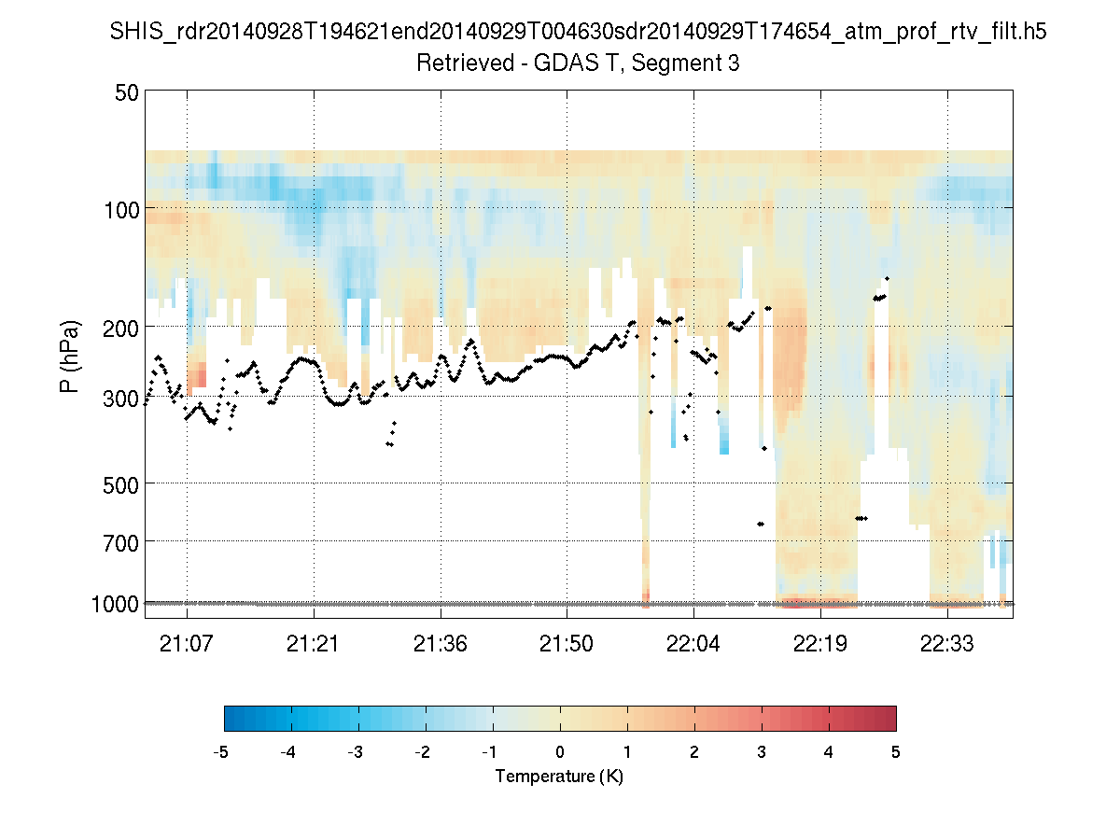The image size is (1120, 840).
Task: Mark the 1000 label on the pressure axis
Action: (x=117, y=604)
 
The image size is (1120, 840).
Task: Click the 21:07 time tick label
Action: (x=187, y=645)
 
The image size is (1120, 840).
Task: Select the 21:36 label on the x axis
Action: (x=440, y=645)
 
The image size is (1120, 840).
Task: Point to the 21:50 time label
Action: (x=567, y=645)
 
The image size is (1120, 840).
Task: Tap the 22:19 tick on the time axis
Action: (x=820, y=645)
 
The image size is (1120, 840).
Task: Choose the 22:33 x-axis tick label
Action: (x=947, y=645)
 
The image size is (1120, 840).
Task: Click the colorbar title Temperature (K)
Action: (x=559, y=777)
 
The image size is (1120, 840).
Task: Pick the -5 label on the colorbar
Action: (x=221, y=752)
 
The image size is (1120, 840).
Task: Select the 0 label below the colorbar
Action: (x=560, y=752)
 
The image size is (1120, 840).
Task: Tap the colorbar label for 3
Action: (x=762, y=752)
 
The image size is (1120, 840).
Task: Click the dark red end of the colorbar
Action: (x=887, y=718)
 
